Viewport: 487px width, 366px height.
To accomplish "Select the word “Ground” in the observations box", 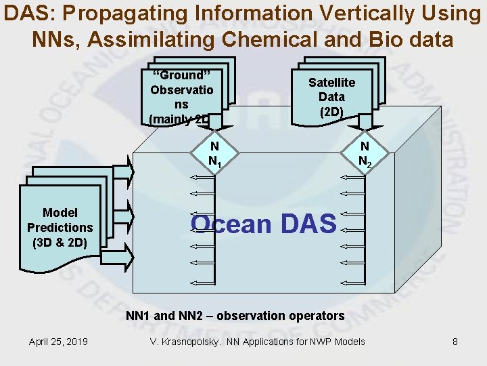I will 179,75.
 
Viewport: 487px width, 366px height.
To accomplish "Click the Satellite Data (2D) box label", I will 331,97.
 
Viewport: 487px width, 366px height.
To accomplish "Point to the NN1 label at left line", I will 214,154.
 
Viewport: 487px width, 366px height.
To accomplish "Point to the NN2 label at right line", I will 364,154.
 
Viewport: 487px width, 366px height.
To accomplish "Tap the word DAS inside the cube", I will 305,223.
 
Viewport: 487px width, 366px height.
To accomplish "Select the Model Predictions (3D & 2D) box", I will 60,227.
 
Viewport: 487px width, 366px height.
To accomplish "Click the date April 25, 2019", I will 58,341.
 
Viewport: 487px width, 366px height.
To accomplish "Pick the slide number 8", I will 455,341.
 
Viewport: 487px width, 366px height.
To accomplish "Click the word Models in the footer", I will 347,341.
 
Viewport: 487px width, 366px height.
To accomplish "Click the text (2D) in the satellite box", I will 331,111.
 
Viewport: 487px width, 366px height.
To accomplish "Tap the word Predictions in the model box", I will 60,227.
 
